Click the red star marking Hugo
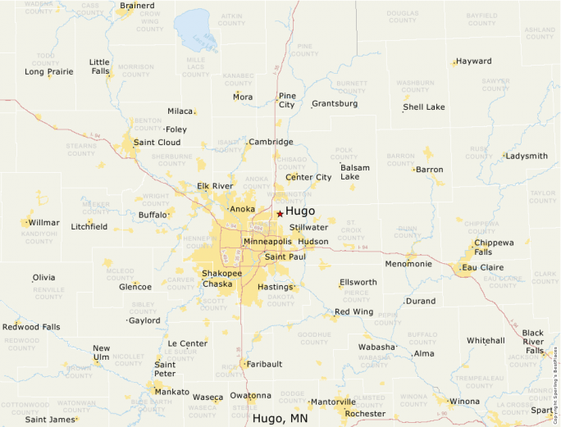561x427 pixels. [x=280, y=213]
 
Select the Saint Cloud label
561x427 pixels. [x=157, y=142]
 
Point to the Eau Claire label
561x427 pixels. [x=484, y=267]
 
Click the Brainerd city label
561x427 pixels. [x=137, y=6]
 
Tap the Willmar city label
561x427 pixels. [x=43, y=222]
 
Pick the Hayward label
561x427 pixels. [x=474, y=61]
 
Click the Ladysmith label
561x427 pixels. [x=527, y=156]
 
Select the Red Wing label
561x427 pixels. [x=353, y=311]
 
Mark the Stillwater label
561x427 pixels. [x=308, y=227]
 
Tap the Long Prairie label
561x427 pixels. [x=49, y=71]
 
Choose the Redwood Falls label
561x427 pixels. [x=31, y=327]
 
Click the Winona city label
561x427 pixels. [x=464, y=401]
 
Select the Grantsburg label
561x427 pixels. [x=335, y=104]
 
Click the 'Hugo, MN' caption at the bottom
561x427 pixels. [x=280, y=419]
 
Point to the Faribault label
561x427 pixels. [x=264, y=363]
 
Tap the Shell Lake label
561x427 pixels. [x=424, y=107]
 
